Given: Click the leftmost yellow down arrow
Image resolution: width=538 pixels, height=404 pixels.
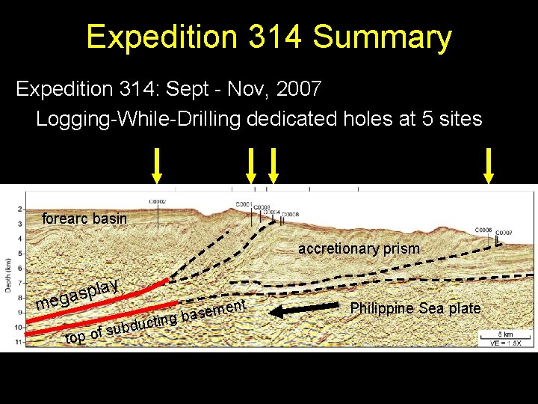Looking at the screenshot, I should (x=156, y=165).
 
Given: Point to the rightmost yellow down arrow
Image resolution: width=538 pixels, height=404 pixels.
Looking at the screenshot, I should (x=489, y=165).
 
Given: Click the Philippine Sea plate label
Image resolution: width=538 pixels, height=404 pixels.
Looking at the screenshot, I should (x=415, y=308).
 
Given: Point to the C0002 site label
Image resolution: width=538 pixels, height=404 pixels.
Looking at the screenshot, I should (x=158, y=201).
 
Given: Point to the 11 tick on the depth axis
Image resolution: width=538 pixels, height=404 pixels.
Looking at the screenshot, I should (x=19, y=342).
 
